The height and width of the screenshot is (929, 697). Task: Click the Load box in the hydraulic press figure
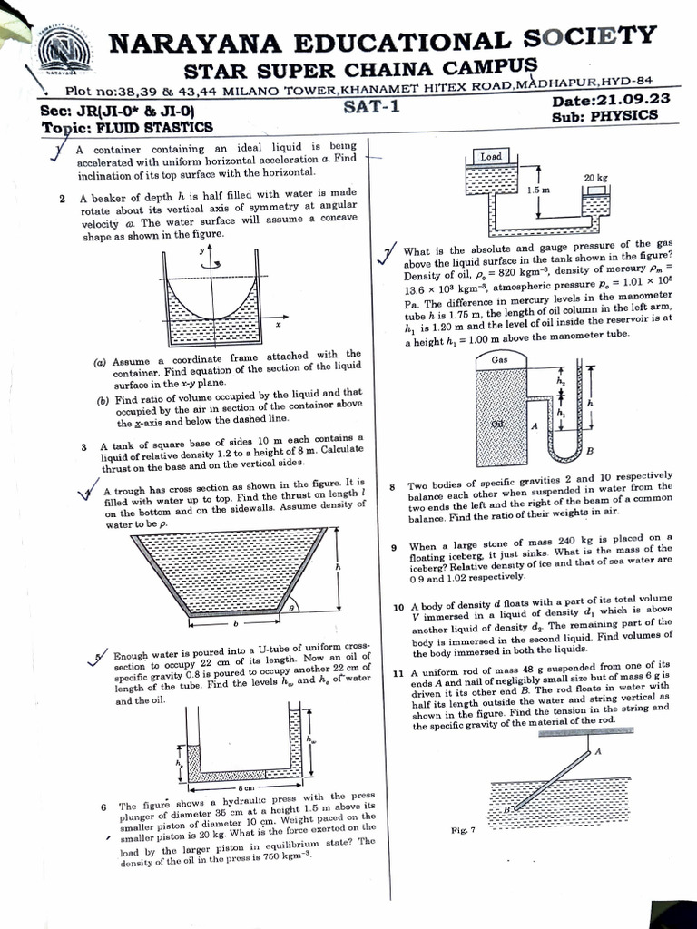pos(491,157)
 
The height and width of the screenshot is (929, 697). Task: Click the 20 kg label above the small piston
pos(595,178)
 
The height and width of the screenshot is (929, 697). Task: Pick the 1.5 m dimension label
pos(539,191)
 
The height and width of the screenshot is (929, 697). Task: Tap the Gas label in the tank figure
pos(499,359)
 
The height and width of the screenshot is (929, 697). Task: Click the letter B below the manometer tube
pos(590,452)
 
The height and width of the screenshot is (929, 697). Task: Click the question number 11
pos(398,673)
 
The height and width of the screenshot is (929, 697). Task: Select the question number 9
pos(394,547)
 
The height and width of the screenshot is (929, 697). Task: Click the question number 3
pos(83,446)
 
